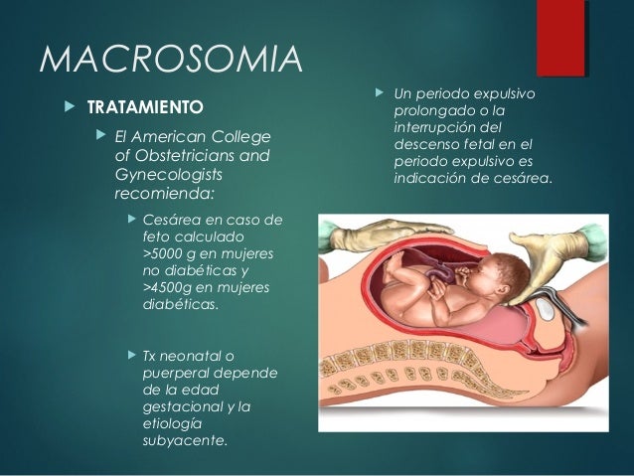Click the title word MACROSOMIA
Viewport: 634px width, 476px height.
[x=170, y=61]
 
